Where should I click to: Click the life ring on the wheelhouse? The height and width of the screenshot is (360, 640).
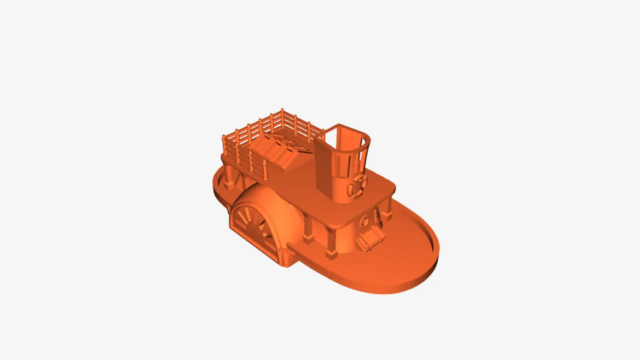[357, 185]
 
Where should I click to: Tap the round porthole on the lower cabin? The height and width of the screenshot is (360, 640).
[365, 219]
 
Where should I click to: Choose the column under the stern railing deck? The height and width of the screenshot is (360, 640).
[229, 177]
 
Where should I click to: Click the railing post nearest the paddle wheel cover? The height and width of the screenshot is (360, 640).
[264, 170]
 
